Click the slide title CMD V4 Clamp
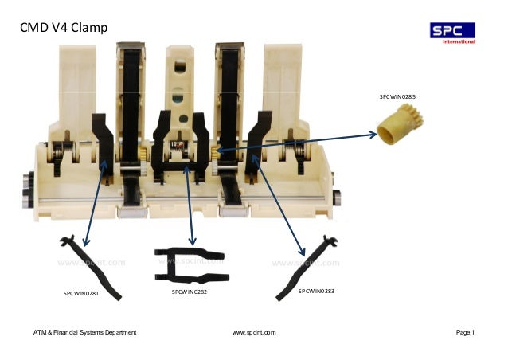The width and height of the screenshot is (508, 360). pos(64,29)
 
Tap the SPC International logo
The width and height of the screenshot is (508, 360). pos(452,32)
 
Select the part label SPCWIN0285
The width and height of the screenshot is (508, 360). pos(397,96)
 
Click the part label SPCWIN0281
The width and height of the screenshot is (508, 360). pos(81,293)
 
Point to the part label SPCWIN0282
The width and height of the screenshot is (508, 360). pos(190,292)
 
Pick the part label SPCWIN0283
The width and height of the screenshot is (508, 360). pos(316,292)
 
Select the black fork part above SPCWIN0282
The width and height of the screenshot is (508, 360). pos(190,266)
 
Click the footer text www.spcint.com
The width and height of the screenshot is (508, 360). pos(254,331)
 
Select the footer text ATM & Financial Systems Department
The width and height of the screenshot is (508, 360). pos(85,331)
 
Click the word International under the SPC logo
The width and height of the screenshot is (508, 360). pos(459,41)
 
